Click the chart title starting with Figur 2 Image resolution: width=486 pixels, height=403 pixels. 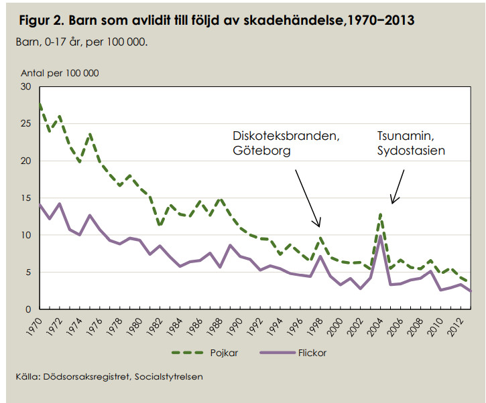(216, 21)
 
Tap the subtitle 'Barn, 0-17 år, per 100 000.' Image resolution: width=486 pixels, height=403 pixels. (81, 42)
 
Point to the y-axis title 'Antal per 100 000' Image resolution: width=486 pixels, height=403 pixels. (60, 73)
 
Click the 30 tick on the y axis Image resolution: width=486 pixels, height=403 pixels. (26, 87)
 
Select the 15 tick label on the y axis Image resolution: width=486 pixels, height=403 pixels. (26, 198)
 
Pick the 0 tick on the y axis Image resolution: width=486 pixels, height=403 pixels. (29, 309)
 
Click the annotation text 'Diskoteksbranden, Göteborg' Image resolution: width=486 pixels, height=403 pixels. (287, 143)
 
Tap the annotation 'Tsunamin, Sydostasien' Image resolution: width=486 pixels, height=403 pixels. (411, 143)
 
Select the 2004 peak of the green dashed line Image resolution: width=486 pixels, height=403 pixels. (380, 214)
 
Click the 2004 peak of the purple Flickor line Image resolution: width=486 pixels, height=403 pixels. (380, 236)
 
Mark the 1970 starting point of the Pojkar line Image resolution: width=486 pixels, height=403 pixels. (40, 104)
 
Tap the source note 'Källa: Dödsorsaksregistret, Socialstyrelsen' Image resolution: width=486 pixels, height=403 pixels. (109, 377)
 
